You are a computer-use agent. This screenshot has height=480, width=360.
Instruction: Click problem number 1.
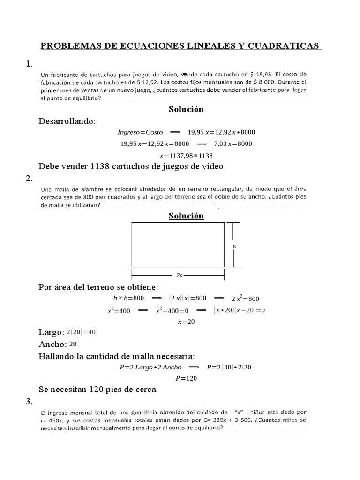click(x=29, y=64)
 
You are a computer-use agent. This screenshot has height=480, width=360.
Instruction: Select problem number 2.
click(x=29, y=178)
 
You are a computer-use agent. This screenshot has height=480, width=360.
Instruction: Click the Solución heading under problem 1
click(x=186, y=109)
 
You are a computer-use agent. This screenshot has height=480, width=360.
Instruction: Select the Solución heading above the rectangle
click(x=186, y=216)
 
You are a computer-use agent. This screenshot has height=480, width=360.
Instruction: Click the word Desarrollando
click(x=67, y=121)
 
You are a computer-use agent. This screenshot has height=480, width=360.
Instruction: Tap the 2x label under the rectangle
click(x=180, y=275)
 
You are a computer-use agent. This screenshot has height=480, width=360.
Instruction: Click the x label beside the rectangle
click(x=234, y=245)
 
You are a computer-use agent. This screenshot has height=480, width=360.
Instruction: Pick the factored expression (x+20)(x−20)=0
click(x=239, y=310)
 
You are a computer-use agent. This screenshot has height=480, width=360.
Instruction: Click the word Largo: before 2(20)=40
click(x=51, y=332)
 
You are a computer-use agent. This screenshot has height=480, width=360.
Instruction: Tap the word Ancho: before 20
click(x=52, y=344)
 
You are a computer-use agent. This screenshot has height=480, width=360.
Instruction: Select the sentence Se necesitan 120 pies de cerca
click(x=97, y=390)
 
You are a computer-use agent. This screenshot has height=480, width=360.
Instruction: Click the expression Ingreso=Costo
click(x=140, y=132)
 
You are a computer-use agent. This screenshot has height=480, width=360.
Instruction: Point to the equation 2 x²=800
click(x=245, y=299)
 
